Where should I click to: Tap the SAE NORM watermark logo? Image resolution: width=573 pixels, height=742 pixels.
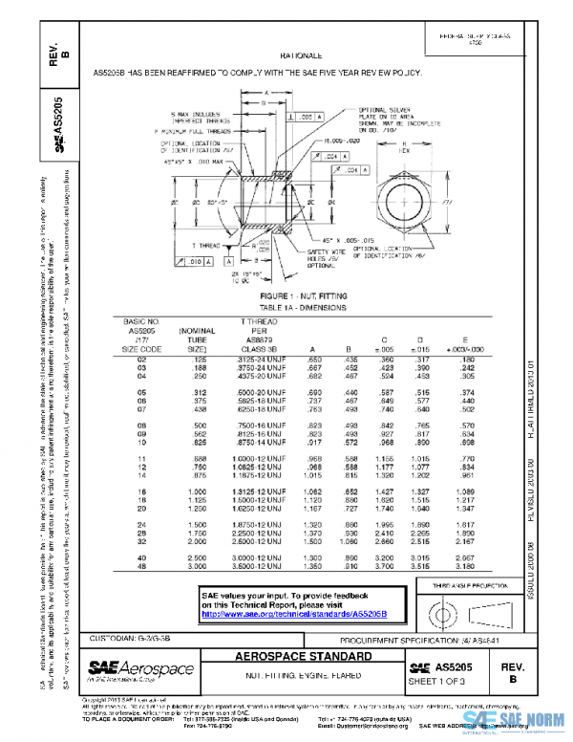pos(531,725)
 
